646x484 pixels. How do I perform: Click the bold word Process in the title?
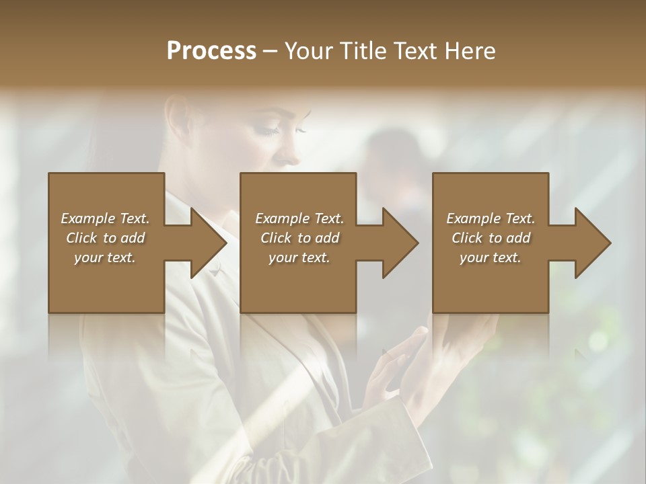pos(211,51)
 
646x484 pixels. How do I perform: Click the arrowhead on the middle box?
pos(396,243)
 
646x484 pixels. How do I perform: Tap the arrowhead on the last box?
pos(589,243)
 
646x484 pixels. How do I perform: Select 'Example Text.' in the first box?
pos(105,218)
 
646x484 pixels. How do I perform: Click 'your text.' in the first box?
pos(105,257)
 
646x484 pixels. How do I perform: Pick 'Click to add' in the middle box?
pos(299,238)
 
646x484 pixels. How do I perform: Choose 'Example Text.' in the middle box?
pos(299,218)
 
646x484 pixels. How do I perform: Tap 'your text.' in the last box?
pos(491,257)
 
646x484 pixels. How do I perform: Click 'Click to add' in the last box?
pos(491,238)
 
